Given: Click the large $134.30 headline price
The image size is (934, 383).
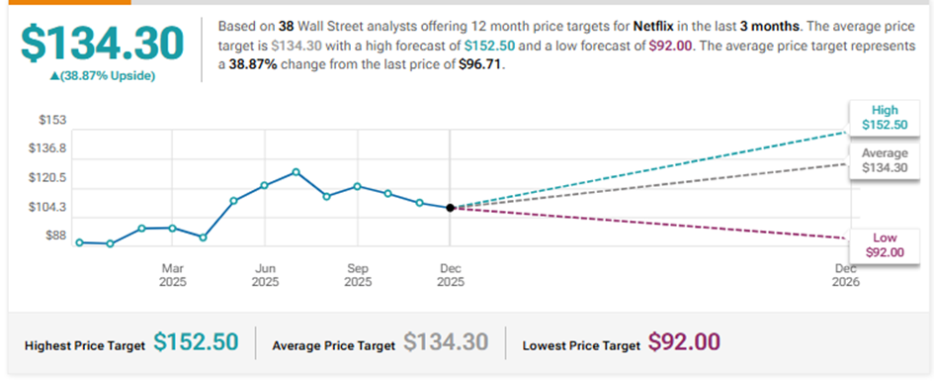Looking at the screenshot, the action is click(102, 43).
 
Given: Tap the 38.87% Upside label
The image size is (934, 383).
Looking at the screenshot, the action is click(102, 76).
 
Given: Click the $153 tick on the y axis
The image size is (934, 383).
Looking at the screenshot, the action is click(53, 120).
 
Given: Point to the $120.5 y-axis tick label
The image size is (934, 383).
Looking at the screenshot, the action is click(47, 178).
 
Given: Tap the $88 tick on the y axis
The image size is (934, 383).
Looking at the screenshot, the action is click(55, 236).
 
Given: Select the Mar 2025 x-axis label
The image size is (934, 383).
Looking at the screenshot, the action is click(173, 274).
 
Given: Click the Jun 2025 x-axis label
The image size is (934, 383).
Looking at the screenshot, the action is click(265, 274).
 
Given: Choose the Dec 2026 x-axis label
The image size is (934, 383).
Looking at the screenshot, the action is click(846, 274).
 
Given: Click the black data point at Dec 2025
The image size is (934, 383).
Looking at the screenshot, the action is click(451, 208).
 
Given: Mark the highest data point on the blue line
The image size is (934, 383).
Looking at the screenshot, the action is click(296, 172).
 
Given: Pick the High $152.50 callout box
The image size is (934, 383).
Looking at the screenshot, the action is click(884, 118).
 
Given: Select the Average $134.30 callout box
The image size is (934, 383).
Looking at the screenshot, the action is click(884, 160).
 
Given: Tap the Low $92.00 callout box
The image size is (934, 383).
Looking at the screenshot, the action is click(884, 245).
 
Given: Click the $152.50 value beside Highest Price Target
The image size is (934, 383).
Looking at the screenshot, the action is click(196, 341).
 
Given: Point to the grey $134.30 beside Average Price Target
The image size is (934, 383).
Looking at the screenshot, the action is click(446, 341).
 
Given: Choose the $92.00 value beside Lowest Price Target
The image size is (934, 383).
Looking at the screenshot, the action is click(684, 341).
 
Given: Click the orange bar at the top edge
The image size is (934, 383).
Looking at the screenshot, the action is click(65, 2).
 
